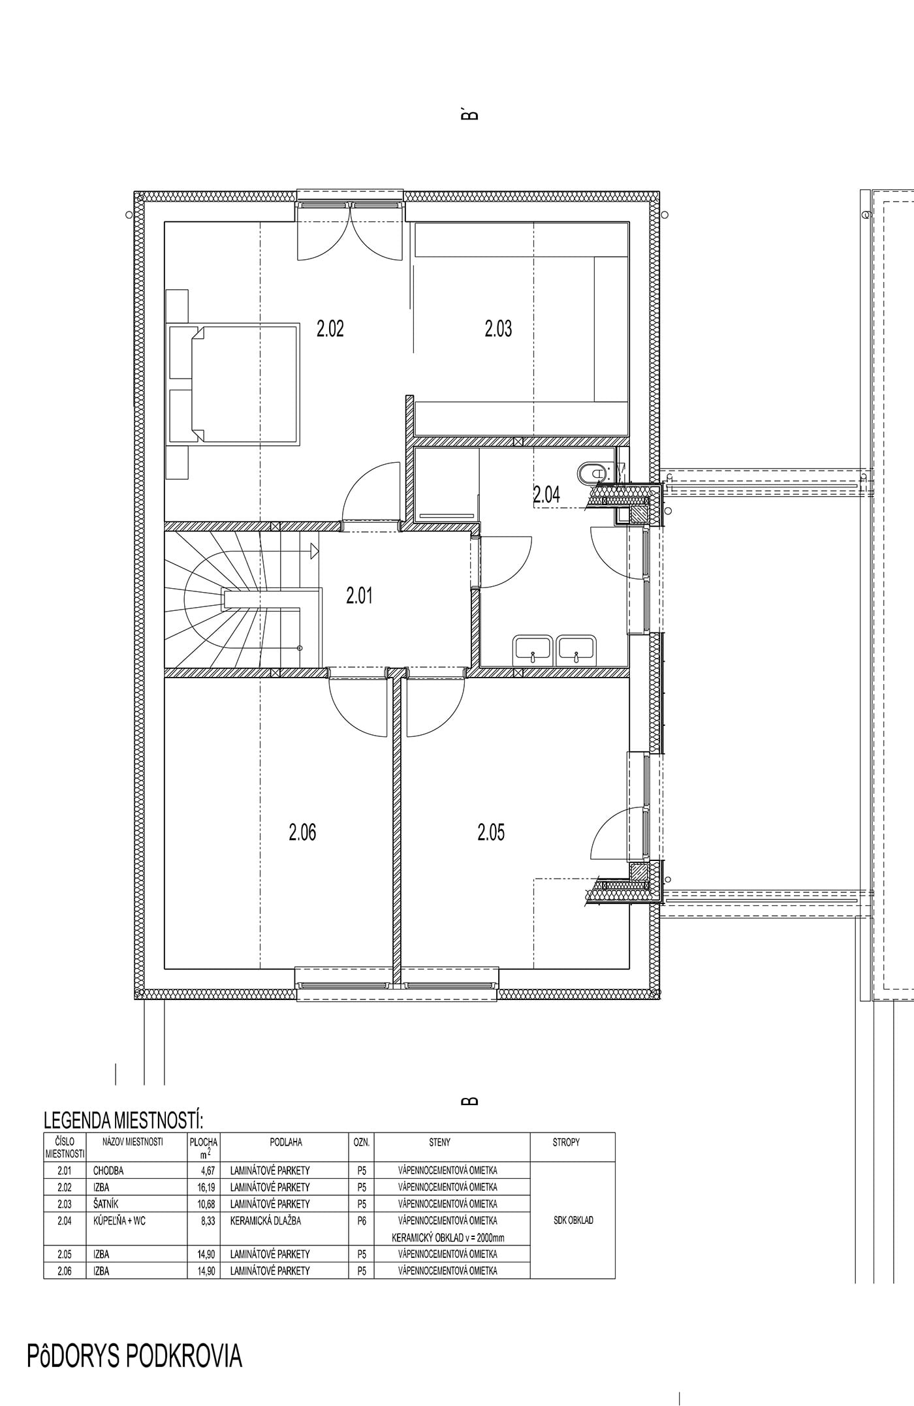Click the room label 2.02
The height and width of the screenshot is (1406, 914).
click(330, 328)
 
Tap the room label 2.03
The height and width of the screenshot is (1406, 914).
click(498, 328)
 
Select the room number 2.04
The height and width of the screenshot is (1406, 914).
click(546, 495)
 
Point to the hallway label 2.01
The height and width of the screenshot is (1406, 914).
click(359, 595)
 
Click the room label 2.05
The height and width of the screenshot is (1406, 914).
click(491, 832)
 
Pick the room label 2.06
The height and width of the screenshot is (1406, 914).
click(302, 832)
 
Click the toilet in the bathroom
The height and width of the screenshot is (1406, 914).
click(591, 473)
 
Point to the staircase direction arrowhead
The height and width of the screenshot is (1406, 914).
click(314, 551)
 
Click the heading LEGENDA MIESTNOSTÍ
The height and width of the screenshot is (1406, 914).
click(123, 1121)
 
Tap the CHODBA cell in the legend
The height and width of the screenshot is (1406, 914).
click(108, 1170)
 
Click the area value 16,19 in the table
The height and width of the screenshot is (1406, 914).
click(208, 1187)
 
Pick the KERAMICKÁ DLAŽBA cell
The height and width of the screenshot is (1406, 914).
click(266, 1221)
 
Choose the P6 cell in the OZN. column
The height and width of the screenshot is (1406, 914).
click(362, 1221)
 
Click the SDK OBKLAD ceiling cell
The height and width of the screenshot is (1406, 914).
click(573, 1220)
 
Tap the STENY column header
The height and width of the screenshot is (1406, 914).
click(440, 1142)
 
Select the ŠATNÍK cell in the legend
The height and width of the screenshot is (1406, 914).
click(106, 1204)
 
